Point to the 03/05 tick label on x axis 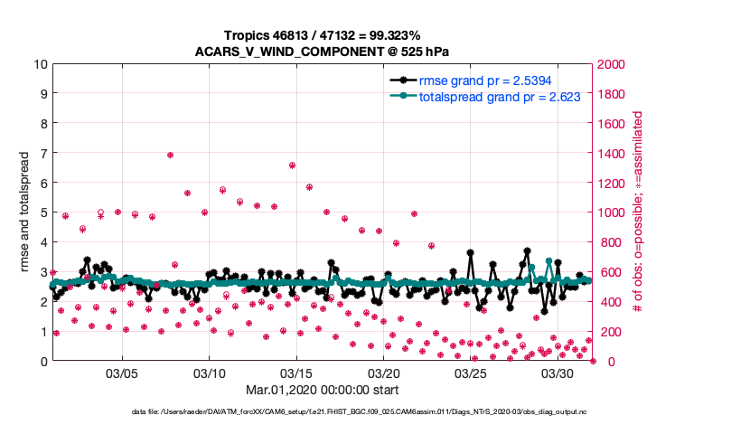pos(122,373)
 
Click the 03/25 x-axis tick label pos(471,373)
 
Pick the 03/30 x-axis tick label pos(558,373)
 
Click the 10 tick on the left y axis pos(40,64)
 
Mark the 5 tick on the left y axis pos(43,212)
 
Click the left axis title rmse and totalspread pos(22,212)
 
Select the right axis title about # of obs pos(638,212)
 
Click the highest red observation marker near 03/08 pos(170,155)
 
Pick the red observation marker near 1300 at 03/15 pos(292,165)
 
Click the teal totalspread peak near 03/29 pos(548,261)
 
